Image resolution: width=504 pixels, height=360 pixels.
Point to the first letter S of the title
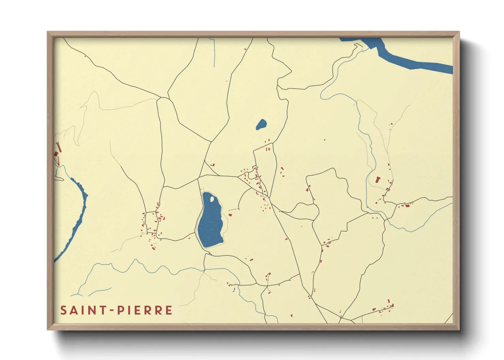tap(63, 310)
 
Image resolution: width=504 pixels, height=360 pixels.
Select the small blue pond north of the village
tap(261, 125)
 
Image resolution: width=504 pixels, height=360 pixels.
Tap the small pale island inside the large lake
tap(212, 199)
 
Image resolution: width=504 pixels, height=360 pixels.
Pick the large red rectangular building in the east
tap(377, 180)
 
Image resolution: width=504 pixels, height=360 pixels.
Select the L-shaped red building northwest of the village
tap(213, 165)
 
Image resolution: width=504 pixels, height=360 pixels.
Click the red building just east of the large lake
tap(230, 215)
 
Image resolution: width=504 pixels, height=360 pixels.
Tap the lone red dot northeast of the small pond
tap(324, 140)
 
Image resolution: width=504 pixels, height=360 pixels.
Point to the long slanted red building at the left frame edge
tap(59, 147)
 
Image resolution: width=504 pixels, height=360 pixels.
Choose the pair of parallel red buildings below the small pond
tap(268, 149)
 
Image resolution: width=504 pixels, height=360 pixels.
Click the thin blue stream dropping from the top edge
tap(214, 53)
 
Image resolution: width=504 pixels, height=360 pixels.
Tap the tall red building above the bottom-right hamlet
tap(389, 301)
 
